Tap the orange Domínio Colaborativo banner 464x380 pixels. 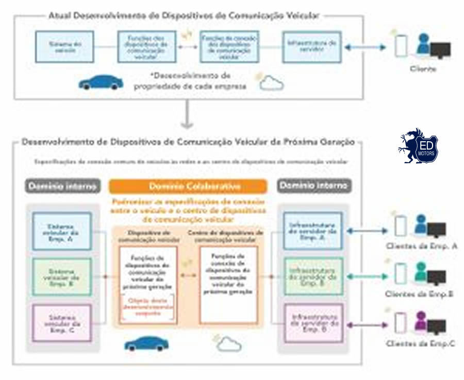pyautogui.click(x=188, y=186)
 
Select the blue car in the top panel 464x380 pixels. pyautogui.click(x=101, y=82)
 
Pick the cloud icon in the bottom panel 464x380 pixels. pyautogui.click(x=229, y=343)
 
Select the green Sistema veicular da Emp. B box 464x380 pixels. pyautogui.click(x=62, y=277)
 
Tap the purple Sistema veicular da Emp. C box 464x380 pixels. pyautogui.click(x=62, y=323)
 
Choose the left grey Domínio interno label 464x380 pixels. pyautogui.click(x=62, y=186)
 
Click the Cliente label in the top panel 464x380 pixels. pyautogui.click(x=423, y=68)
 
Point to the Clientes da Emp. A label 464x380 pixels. pyautogui.click(x=421, y=246)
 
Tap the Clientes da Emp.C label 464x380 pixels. pyautogui.click(x=420, y=343)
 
